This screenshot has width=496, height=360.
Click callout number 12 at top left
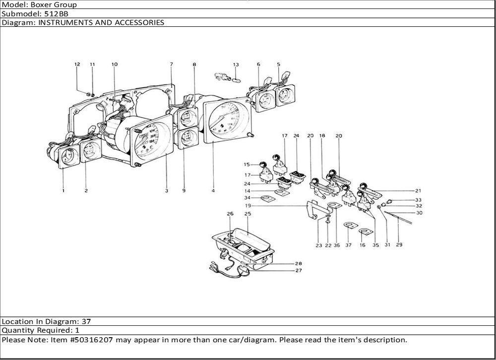(77, 64)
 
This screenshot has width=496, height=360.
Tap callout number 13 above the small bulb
(236, 64)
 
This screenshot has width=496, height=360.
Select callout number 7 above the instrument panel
(171, 64)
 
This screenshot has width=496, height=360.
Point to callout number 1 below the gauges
(63, 190)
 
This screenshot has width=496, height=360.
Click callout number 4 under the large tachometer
(213, 190)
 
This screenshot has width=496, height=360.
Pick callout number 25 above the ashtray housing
(248, 213)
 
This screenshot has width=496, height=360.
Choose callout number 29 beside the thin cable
(399, 244)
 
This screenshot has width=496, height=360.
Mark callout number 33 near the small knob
(419, 200)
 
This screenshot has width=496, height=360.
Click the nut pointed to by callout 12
(88, 93)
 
